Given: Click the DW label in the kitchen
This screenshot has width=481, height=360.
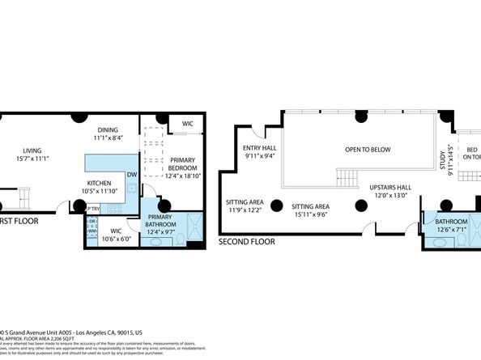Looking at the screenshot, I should [130, 174].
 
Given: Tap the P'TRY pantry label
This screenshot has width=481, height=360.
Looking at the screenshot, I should [92, 209].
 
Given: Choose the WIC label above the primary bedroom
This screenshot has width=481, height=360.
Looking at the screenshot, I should [187, 124].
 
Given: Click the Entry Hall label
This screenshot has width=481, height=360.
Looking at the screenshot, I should [260, 153].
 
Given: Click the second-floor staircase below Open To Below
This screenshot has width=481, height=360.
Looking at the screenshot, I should [346, 176].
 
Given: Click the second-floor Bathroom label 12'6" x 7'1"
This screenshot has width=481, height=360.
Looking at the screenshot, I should [451, 225].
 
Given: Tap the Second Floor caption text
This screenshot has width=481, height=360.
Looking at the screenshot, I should [246, 241].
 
